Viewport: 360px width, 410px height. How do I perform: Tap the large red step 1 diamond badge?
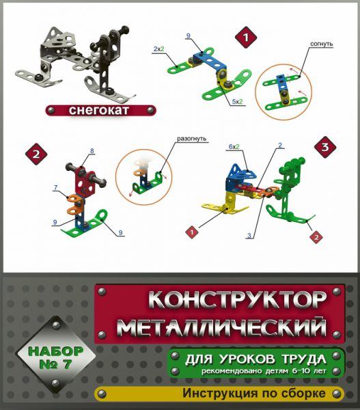point(243,39)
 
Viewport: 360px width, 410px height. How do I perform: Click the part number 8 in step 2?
point(92,150)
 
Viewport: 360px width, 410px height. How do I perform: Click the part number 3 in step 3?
point(249,236)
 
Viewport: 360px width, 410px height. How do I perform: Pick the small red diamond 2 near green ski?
point(315,237)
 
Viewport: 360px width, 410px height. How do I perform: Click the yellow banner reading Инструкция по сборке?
point(225,394)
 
